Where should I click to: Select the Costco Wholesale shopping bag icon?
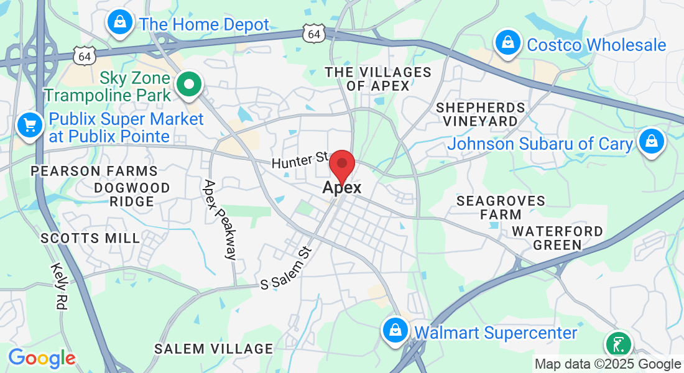tap(508, 43)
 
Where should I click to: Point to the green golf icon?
tap(618, 344)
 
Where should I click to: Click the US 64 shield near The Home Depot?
tap(315, 34)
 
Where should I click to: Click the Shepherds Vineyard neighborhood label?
tap(480, 114)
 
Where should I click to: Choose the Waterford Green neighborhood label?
tap(557, 238)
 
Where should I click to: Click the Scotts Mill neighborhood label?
tap(90, 238)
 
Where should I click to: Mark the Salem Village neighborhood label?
tap(213, 349)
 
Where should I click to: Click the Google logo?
tap(42, 358)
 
